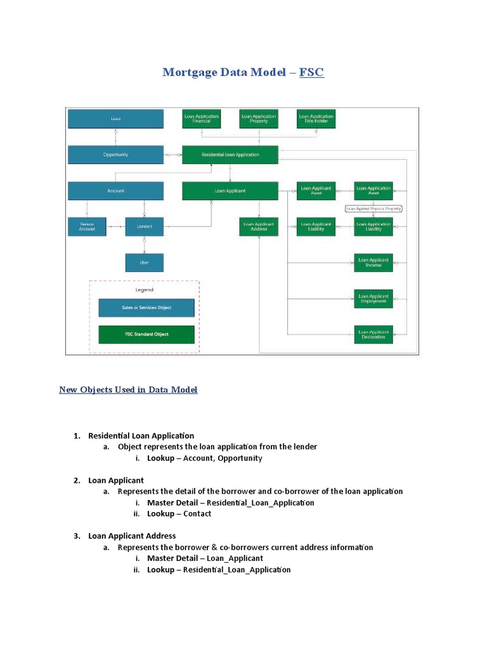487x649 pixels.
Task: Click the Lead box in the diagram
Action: tap(115, 119)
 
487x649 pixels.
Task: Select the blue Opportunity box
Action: tap(115, 155)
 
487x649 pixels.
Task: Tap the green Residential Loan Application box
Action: tap(230, 155)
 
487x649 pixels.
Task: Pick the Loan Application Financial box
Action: tap(202, 119)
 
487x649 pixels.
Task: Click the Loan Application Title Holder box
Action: tap(316, 119)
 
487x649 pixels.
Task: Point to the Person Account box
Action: tap(87, 226)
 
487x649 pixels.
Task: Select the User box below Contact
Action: tap(144, 262)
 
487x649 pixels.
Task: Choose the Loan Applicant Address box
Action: tap(259, 226)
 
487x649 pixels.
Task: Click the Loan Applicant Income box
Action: tap(373, 262)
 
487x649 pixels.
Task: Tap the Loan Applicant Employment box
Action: tap(373, 299)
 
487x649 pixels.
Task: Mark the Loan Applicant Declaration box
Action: tap(373, 334)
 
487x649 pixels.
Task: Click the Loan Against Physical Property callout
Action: tap(373, 209)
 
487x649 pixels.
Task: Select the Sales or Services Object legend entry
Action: tap(146, 307)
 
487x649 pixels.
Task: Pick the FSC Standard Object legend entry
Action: tap(146, 334)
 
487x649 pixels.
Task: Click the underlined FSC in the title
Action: tap(311, 72)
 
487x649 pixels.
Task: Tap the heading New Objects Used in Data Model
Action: tap(128, 390)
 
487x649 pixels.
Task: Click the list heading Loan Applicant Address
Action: tap(132, 536)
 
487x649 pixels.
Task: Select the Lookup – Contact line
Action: tap(179, 514)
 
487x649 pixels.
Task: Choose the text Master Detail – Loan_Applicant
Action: tap(205, 558)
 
